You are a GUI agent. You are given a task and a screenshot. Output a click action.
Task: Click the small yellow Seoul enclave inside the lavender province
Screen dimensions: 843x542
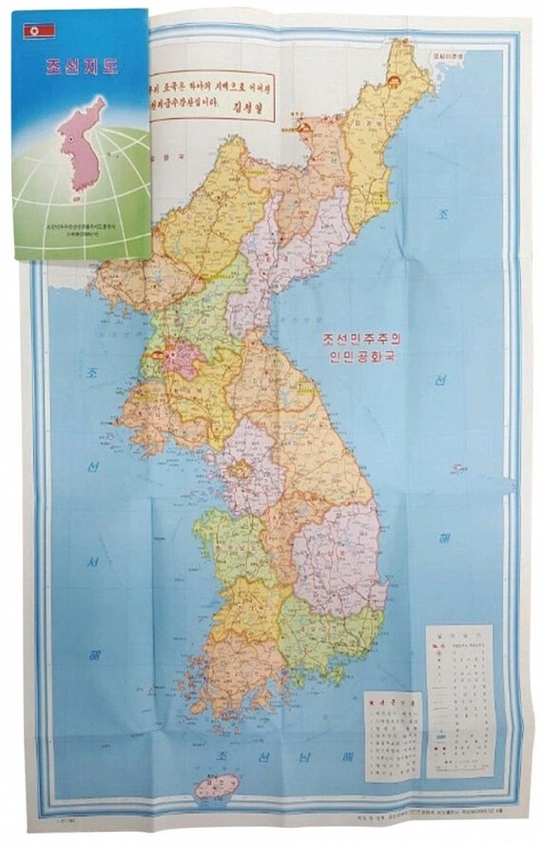click(x=242, y=468)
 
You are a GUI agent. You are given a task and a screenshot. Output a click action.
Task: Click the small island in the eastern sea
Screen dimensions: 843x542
click(x=458, y=467)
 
